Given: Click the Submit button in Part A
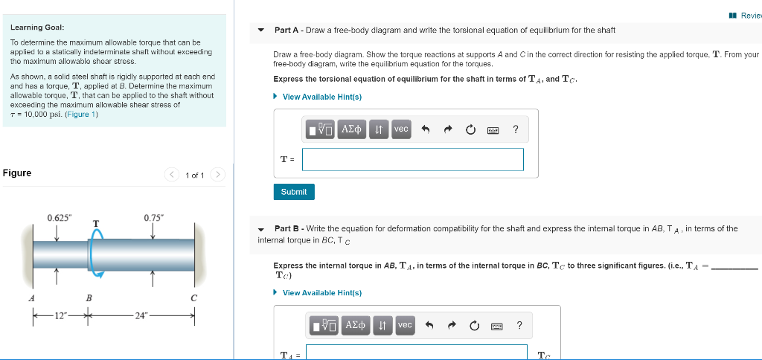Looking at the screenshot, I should [x=294, y=192].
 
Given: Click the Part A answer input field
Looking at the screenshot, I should [x=412, y=159].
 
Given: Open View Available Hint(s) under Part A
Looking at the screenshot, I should [x=321, y=97].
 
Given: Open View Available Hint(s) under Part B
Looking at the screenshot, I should [x=321, y=292].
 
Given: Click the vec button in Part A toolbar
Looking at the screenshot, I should [x=401, y=129].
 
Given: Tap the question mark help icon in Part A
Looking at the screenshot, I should [x=516, y=129].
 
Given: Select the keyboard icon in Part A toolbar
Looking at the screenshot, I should [x=493, y=130].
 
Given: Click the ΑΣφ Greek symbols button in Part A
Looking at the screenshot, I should [x=352, y=129].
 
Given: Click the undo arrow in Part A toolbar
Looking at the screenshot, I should [x=426, y=129].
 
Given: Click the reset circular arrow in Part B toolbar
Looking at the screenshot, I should [x=473, y=325].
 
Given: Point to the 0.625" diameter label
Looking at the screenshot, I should [x=60, y=218].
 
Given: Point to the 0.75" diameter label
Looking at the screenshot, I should [x=153, y=218].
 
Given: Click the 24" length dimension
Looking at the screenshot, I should [x=140, y=315].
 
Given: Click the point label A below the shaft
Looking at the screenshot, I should [x=31, y=298].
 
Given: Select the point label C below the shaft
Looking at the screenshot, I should [x=193, y=298].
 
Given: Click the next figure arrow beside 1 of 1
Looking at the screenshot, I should [x=217, y=175].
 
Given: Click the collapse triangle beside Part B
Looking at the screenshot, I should [x=261, y=229].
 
